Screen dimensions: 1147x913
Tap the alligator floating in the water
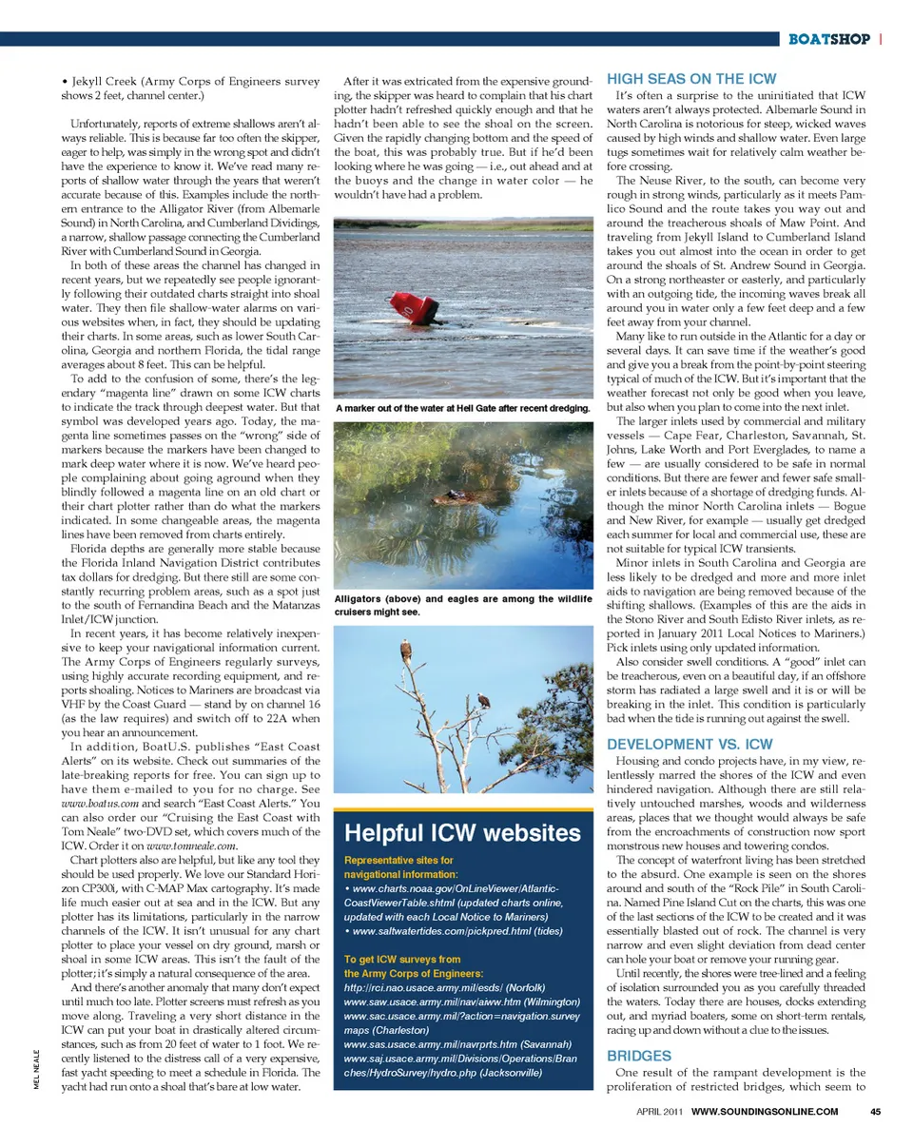point(453,496)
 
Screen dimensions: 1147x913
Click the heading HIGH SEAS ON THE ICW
point(690,79)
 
